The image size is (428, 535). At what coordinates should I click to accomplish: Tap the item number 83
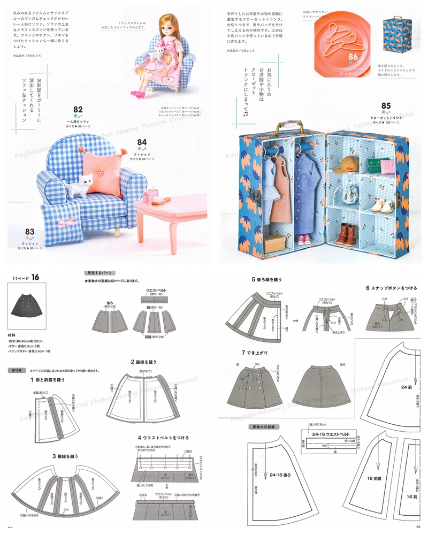coord(30,232)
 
